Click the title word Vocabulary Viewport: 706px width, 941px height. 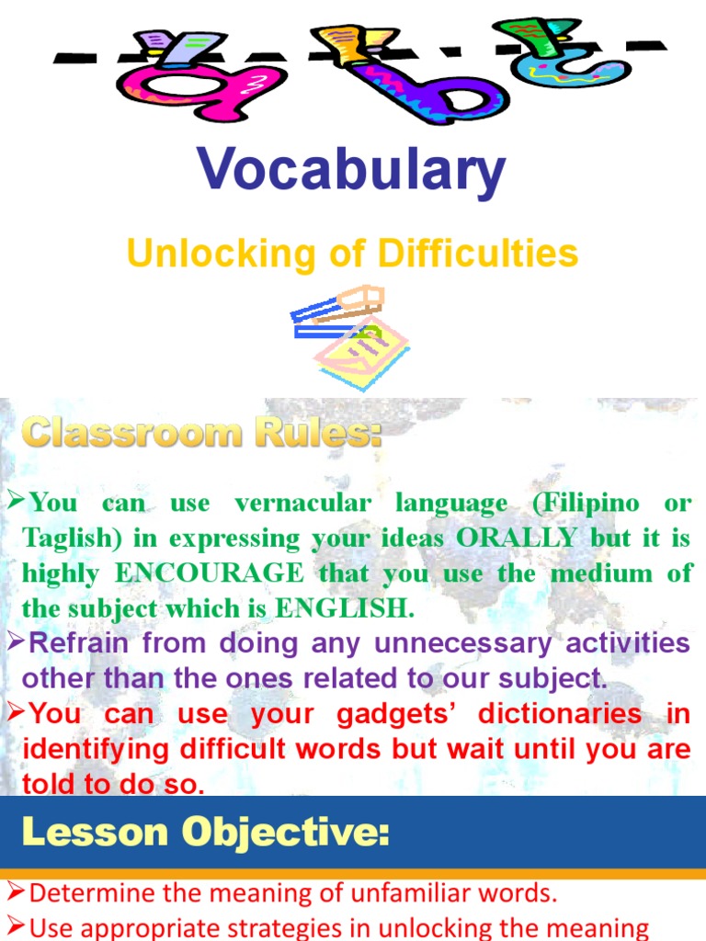351,171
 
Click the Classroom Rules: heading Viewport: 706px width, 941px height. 201,432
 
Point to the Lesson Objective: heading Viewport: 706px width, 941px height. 206,833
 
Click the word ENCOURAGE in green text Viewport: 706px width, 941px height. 210,573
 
